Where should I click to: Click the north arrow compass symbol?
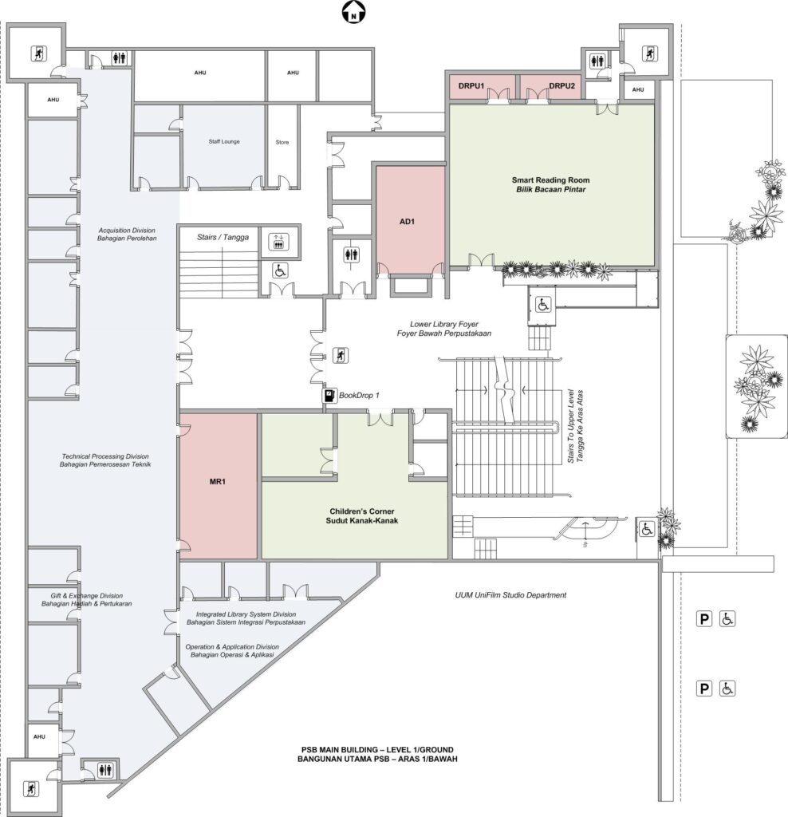[x=354, y=12]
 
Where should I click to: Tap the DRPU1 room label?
[x=471, y=86]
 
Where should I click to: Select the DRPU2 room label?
[x=562, y=86]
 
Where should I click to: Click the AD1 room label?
[x=407, y=222]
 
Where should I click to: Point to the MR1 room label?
[x=217, y=481]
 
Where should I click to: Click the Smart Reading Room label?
[x=550, y=184]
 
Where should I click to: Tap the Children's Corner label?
[x=362, y=516]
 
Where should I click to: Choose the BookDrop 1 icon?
[x=329, y=396]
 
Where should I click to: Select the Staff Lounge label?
[x=224, y=141]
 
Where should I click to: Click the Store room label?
[x=282, y=142]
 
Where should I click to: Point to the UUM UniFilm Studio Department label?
[x=510, y=595]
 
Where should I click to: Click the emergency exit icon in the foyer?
[x=340, y=355]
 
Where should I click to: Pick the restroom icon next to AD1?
[x=352, y=255]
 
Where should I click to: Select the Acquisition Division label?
[x=127, y=235]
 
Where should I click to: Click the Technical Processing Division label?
[x=104, y=460]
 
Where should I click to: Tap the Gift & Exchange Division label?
[x=86, y=600]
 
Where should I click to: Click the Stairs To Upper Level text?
[x=576, y=426]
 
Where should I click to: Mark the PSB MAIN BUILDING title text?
[x=377, y=755]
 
